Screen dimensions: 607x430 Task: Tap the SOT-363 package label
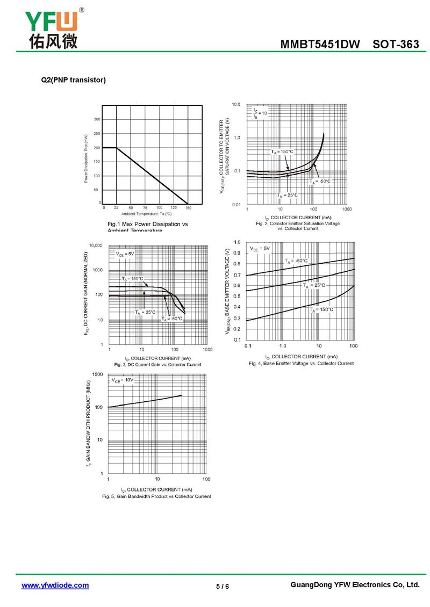tap(396, 45)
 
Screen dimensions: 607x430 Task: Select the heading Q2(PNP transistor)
tap(74, 80)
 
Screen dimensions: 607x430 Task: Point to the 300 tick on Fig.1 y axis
tap(97, 119)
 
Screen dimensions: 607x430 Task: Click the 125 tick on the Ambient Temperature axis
tap(174, 207)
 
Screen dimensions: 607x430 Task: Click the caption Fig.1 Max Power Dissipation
tap(148, 223)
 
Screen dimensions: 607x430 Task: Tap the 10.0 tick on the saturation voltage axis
tap(236, 104)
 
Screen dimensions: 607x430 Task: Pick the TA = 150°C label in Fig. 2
tap(283, 152)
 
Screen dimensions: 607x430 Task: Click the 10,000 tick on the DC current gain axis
tap(95, 245)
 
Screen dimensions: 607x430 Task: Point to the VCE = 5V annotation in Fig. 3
tap(125, 254)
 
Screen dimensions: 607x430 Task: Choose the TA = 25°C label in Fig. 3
tap(145, 312)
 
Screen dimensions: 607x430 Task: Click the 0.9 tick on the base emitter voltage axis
tap(237, 254)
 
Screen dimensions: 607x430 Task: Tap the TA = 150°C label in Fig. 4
tap(321, 309)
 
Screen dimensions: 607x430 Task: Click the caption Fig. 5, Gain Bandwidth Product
tap(156, 496)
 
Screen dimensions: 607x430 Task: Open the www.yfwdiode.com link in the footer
tap(55, 586)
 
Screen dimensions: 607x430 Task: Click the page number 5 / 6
tap(223, 586)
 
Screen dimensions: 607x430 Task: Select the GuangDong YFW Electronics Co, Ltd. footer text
tap(354, 585)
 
